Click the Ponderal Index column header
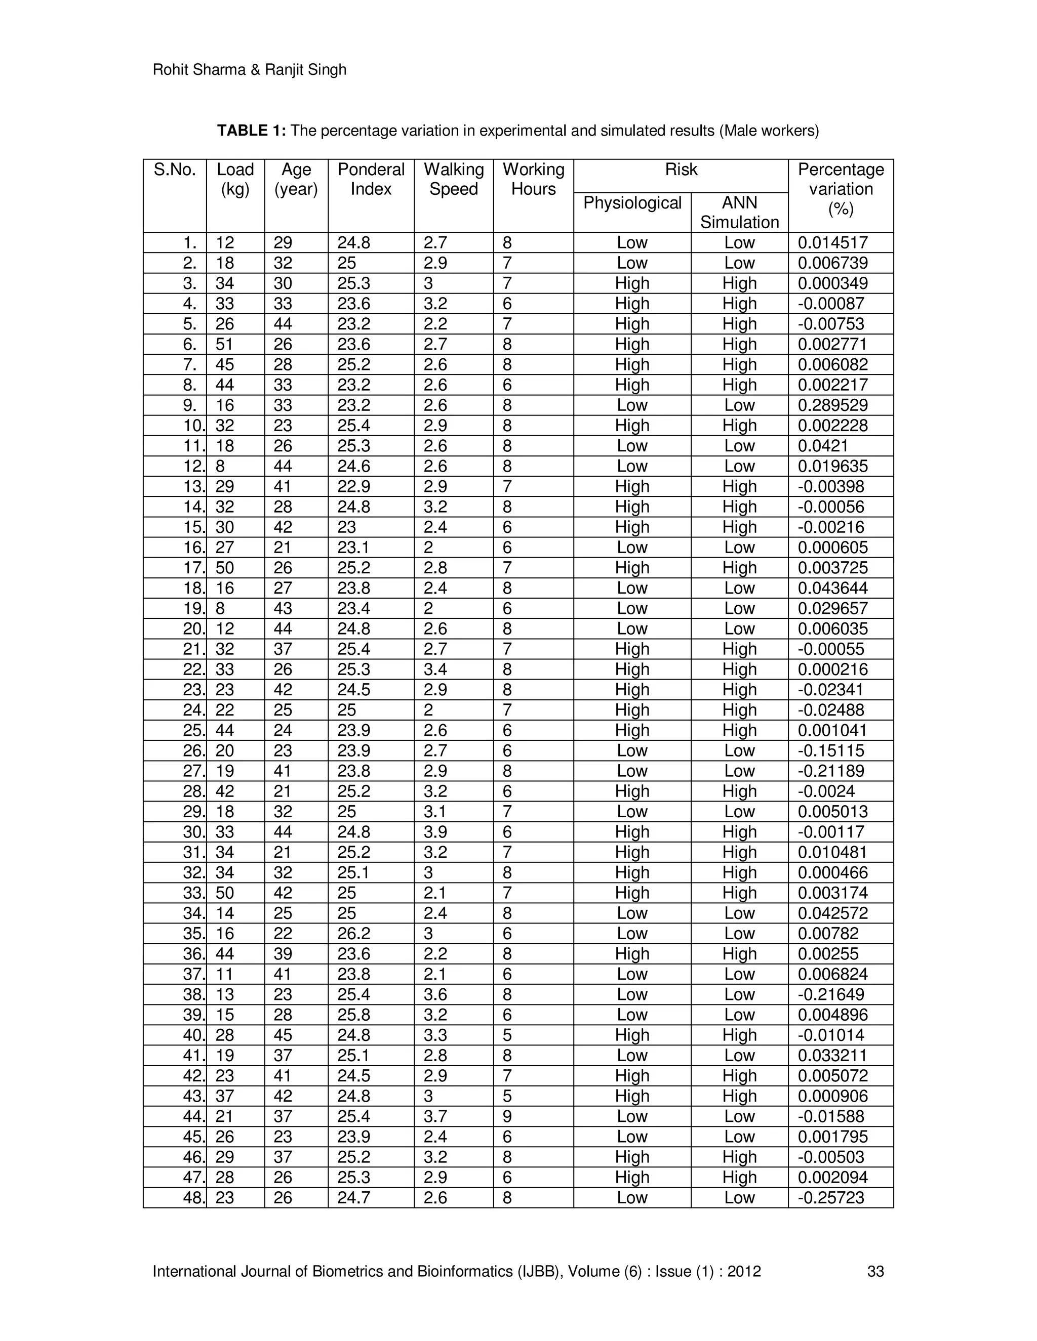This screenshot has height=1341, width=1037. [371, 179]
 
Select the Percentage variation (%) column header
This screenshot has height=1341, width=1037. [841, 189]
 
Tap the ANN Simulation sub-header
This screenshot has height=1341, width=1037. [739, 212]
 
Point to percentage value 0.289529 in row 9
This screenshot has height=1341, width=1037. [832, 405]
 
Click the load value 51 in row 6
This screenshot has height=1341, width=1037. [224, 345]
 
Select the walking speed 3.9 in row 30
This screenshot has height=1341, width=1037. [435, 832]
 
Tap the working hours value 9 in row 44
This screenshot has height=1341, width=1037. [507, 1116]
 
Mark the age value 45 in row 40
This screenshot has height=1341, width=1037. [283, 1035]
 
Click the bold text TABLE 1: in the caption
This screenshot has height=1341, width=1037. [251, 131]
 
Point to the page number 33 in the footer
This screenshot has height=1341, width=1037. [875, 1271]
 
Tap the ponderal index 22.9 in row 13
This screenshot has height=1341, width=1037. [353, 486]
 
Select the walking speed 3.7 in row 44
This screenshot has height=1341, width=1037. [435, 1116]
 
